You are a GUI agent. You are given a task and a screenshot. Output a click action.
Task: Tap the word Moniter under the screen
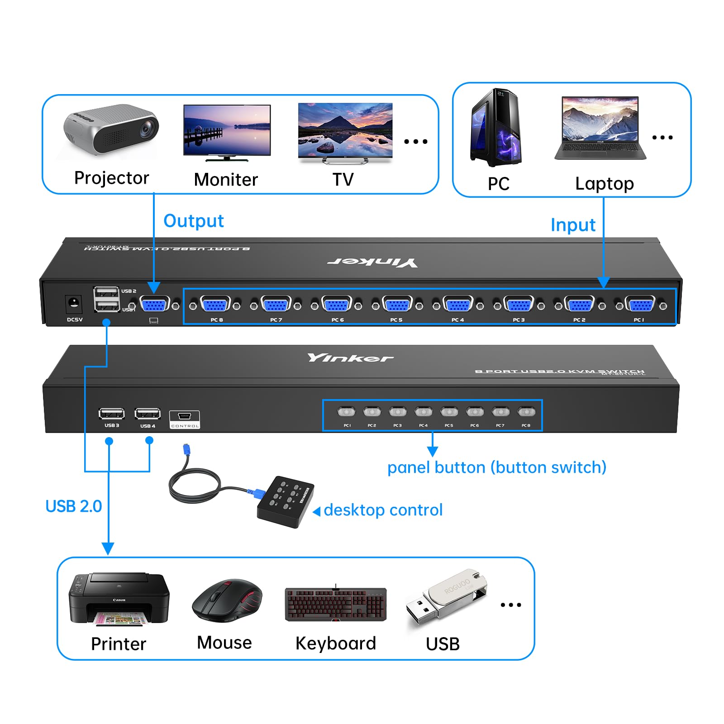[226, 180]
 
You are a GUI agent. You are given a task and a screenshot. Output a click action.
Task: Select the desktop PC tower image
[496, 128]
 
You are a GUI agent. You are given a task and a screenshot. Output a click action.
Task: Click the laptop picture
[600, 129]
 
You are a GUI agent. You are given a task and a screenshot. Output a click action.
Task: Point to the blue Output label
[193, 221]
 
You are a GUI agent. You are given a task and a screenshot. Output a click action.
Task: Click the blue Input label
[573, 225]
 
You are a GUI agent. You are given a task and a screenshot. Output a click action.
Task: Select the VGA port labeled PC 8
[215, 305]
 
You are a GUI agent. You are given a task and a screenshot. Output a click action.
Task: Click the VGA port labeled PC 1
[640, 305]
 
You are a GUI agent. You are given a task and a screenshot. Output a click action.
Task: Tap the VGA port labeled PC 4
[458, 305]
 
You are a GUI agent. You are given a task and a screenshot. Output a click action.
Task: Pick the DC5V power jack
[73, 304]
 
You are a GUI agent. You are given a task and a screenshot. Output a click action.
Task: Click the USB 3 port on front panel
[112, 414]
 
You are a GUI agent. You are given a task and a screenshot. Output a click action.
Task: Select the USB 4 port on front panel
[148, 414]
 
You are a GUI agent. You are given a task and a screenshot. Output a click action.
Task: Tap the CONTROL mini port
[184, 417]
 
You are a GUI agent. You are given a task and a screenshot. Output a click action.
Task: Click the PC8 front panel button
[526, 412]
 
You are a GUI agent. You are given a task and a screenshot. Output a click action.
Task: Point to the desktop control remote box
[285, 501]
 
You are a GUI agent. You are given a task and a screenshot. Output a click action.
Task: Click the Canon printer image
[119, 599]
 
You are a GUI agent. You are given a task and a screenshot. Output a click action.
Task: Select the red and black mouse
[227, 601]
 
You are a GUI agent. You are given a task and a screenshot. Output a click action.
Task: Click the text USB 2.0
[74, 506]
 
